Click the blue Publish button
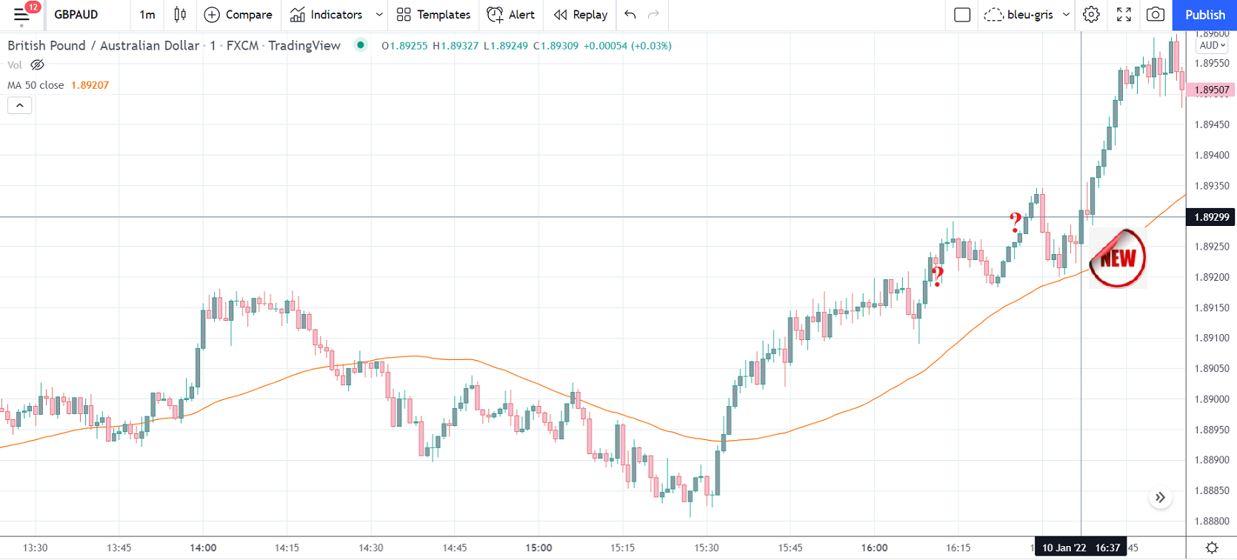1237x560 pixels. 1204,15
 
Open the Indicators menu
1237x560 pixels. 327,15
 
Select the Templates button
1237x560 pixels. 433,15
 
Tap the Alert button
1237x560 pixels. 511,15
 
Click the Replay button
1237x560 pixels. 581,15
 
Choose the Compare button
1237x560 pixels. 238,15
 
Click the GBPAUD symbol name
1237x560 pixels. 76,15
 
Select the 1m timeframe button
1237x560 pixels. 147,15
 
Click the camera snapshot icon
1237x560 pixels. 1155,15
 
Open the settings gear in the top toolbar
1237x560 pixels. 1091,15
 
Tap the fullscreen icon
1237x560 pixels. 1124,15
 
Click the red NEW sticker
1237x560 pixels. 1118,258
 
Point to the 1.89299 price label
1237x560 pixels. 1211,217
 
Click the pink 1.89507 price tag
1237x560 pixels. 1211,90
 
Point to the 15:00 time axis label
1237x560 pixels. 539,548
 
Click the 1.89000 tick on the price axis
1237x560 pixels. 1211,399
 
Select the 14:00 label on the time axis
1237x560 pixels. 203,548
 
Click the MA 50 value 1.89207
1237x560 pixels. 90,85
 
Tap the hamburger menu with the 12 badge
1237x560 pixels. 21,14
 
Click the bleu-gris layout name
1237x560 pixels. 1030,15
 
